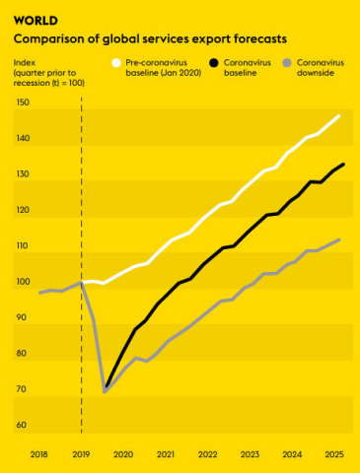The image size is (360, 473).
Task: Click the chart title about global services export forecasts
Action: click(x=151, y=39)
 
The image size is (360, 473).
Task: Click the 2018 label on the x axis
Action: click(x=39, y=454)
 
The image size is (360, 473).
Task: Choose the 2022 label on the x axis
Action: click(x=207, y=454)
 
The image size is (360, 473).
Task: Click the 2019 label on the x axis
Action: click(x=82, y=454)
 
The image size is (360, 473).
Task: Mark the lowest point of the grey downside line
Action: click(x=106, y=392)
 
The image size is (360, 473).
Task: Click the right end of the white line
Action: click(x=340, y=115)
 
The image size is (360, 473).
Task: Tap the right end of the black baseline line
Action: click(x=343, y=164)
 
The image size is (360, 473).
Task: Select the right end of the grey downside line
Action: click(x=340, y=239)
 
